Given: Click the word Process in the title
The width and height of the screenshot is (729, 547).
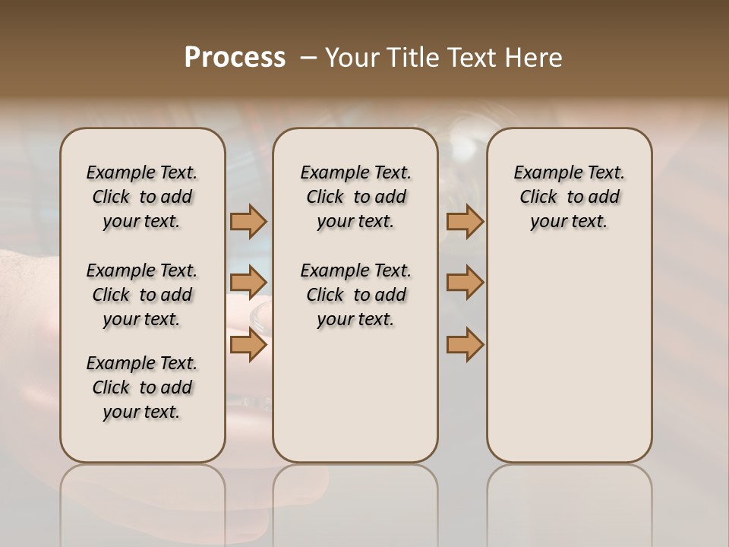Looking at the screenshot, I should (x=235, y=57).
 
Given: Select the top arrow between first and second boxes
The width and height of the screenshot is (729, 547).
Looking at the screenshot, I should (x=248, y=221).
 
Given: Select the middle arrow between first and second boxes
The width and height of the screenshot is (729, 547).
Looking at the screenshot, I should (x=248, y=283).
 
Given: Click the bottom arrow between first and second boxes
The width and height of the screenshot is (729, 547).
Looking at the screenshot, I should (x=248, y=345).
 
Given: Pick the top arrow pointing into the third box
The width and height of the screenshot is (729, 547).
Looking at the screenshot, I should (x=465, y=221).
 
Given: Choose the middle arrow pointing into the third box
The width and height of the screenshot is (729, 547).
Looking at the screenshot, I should (x=465, y=283).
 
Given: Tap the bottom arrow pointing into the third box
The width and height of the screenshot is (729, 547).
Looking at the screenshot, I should (x=465, y=345).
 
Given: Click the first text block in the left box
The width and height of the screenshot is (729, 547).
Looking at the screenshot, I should (x=142, y=197).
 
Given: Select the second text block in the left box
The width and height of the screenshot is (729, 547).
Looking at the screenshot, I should (x=142, y=295).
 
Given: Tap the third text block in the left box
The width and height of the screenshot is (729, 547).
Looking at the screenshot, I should (x=142, y=387).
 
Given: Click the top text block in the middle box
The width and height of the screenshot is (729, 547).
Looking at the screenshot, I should (x=355, y=197).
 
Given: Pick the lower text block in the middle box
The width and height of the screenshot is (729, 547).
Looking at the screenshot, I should (x=355, y=295).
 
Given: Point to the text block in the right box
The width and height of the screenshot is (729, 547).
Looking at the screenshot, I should (x=569, y=197).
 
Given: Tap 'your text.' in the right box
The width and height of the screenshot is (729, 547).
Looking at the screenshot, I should (x=569, y=221).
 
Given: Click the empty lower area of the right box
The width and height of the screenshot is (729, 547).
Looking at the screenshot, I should (x=569, y=357).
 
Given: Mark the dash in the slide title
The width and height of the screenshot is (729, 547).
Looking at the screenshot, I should (x=308, y=58).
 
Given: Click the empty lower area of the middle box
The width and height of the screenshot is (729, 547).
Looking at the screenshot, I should (x=355, y=395).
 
